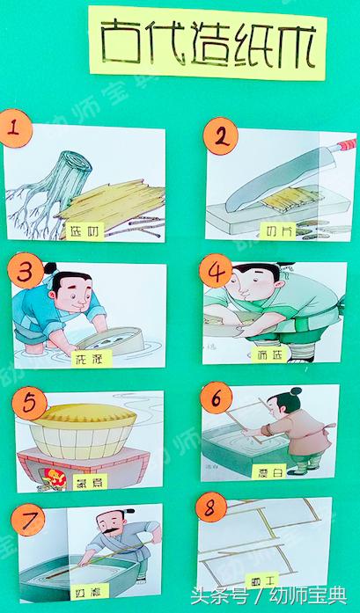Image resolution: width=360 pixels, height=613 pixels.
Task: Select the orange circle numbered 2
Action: (x=221, y=136)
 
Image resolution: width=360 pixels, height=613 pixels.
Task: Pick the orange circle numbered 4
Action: (x=217, y=274)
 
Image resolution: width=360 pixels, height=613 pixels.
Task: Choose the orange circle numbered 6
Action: (x=217, y=398)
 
